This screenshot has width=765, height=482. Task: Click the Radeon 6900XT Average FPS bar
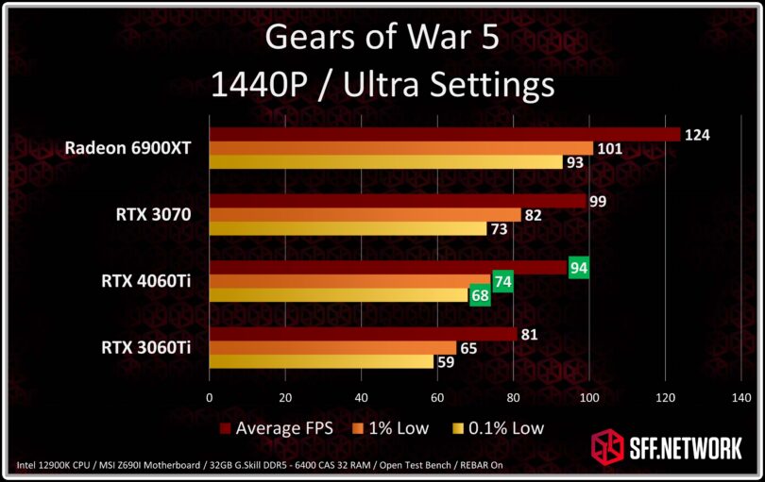click(x=444, y=135)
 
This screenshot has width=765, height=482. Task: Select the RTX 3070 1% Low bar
click(x=365, y=215)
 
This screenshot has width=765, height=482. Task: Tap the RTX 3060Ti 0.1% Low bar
click(x=321, y=361)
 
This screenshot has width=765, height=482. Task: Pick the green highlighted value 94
click(x=580, y=269)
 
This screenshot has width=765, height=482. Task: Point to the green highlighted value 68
click(x=480, y=295)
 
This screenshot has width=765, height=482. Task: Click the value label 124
click(x=698, y=135)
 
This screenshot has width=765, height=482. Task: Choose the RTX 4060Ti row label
click(x=146, y=281)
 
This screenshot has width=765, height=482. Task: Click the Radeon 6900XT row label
click(x=128, y=148)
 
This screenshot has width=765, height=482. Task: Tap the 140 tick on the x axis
click(x=741, y=398)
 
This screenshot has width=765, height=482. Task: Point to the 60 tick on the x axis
click(x=437, y=398)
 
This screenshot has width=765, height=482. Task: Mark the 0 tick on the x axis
click(x=209, y=398)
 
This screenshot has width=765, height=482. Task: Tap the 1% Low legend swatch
click(x=360, y=428)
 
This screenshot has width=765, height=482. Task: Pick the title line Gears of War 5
click(x=382, y=39)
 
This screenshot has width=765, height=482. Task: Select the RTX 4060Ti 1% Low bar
click(x=349, y=281)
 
